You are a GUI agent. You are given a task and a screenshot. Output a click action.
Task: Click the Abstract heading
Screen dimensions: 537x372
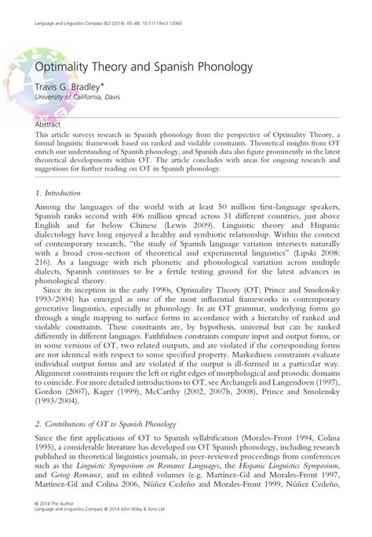click(49, 124)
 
